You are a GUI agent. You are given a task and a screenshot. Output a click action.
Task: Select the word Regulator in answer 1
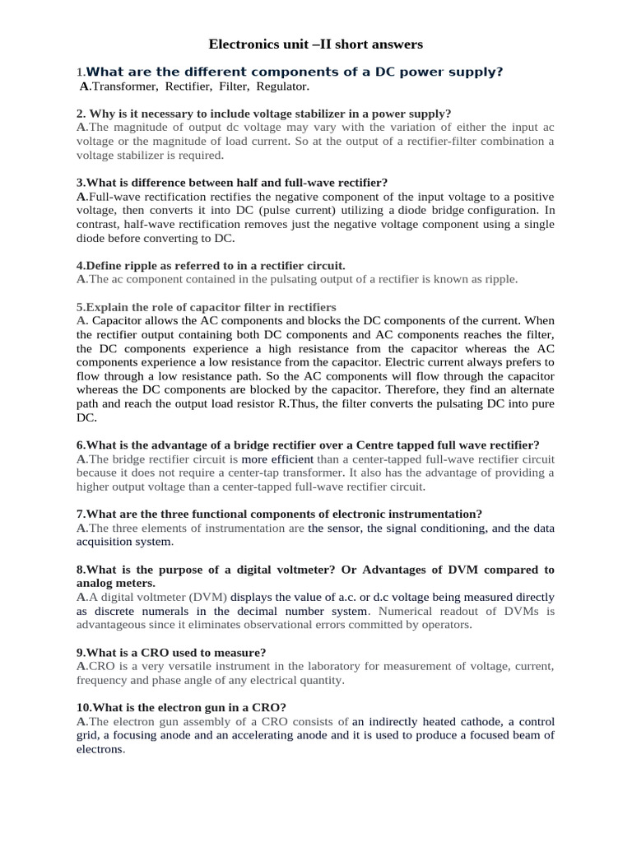(x=282, y=86)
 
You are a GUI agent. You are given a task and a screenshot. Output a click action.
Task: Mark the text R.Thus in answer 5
(x=351, y=404)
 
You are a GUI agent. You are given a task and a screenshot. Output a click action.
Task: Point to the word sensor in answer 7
(x=346, y=528)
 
